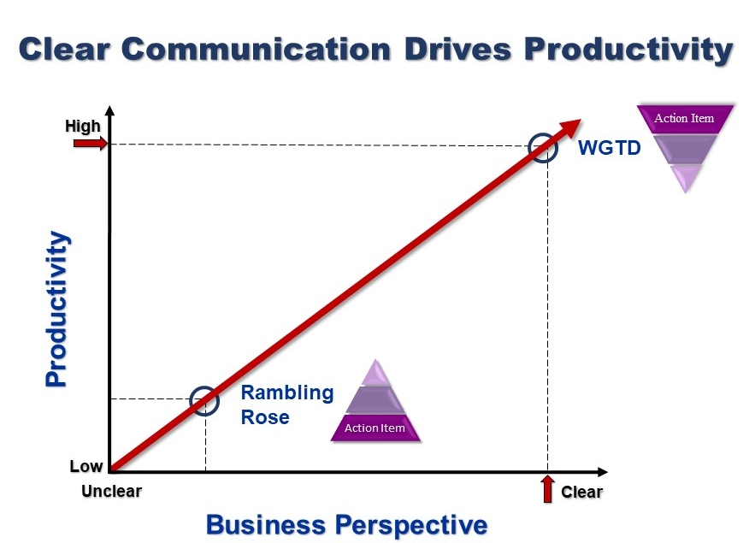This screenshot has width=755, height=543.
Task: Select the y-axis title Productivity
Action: click(56, 309)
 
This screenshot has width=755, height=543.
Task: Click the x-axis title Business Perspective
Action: click(346, 524)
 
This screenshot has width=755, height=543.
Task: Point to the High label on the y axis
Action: click(83, 127)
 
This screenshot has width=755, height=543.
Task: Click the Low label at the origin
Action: click(86, 467)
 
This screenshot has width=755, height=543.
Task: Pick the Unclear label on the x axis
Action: click(111, 492)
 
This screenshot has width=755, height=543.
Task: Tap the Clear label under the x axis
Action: click(581, 493)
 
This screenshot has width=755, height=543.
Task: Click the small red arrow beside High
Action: click(88, 144)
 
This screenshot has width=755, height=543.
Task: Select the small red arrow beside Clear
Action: click(547, 490)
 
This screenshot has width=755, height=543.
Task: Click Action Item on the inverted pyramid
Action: click(684, 118)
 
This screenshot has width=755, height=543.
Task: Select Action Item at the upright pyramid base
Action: click(375, 428)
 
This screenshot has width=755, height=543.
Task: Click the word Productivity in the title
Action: click(628, 49)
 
